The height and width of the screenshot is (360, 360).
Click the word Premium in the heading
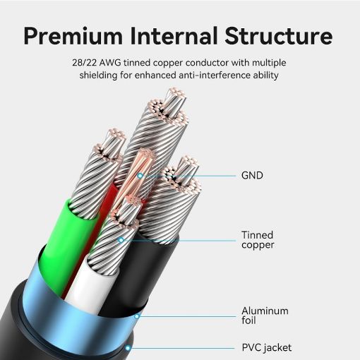tap(73, 36)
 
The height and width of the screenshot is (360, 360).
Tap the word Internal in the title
tap(174, 35)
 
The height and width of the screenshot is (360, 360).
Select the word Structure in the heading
tap(279, 35)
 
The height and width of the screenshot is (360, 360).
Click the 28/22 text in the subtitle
tap(84, 63)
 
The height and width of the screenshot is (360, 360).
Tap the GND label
tap(252, 176)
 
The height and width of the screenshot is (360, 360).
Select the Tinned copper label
tap(258, 240)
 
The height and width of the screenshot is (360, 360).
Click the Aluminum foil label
tap(265, 316)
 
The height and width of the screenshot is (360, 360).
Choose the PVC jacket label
tap(267, 347)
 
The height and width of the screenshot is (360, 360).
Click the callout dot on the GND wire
tap(140, 176)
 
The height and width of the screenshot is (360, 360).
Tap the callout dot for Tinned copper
tap(121, 240)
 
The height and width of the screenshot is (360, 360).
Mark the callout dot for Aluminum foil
tap(137, 316)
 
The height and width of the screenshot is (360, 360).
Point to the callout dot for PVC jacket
tap(128, 348)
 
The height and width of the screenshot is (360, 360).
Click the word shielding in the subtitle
tap(98, 76)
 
